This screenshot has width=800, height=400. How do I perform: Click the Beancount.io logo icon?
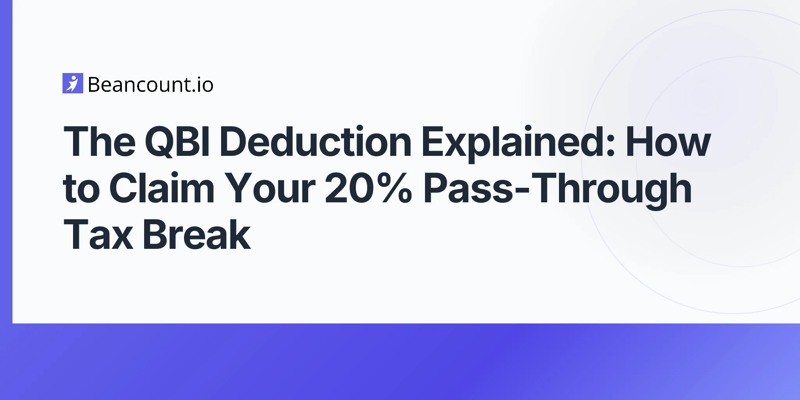point(73,83)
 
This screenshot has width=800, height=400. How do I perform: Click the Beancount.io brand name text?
point(151,84)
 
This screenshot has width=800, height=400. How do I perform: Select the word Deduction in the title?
point(315,141)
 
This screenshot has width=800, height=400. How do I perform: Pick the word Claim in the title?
point(162,188)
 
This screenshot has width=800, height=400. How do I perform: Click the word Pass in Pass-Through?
point(468,188)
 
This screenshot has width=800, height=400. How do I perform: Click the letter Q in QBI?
point(161,142)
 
